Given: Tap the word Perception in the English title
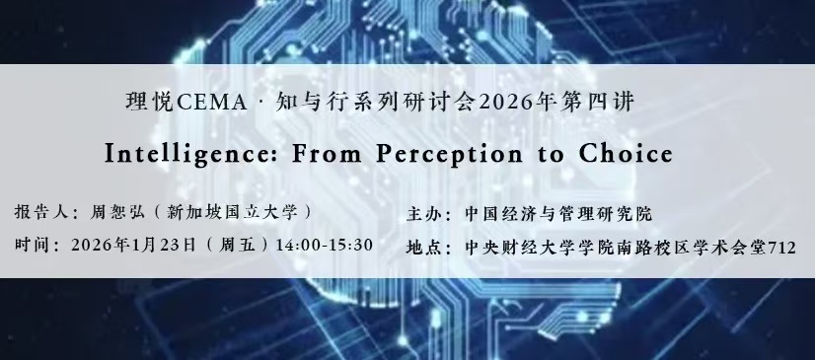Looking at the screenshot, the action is pyautogui.click(x=449, y=154).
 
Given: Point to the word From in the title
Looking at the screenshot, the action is pyautogui.click(x=327, y=153).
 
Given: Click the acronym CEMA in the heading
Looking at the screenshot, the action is pyautogui.click(x=211, y=103).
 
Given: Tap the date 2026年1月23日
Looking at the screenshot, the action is pyautogui.click(x=134, y=245).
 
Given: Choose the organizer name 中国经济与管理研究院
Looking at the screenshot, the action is pyautogui.click(x=558, y=214).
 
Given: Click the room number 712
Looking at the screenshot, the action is pyautogui.click(x=782, y=248).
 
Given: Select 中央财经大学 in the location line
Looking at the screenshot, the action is pyautogui.click(x=511, y=248).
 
